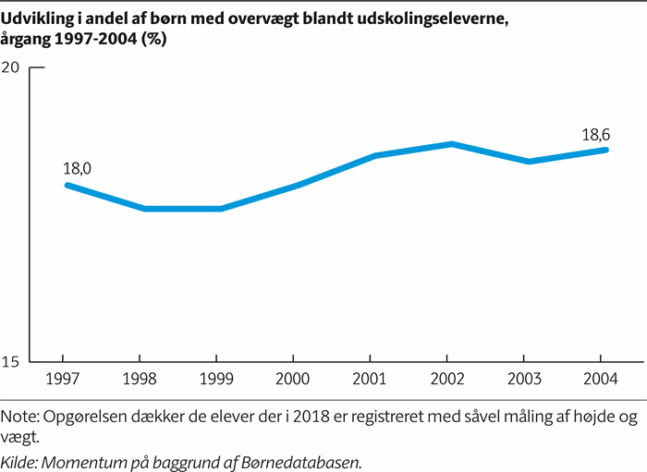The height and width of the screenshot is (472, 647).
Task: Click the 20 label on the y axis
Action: click(x=12, y=67)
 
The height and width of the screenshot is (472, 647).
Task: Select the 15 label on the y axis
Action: click(x=12, y=361)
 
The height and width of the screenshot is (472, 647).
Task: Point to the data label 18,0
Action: click(x=77, y=169)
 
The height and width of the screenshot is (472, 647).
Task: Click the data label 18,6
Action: click(x=595, y=135)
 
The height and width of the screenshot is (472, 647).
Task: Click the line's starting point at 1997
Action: click(x=67, y=185)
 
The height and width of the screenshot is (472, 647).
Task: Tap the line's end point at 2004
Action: click(x=606, y=150)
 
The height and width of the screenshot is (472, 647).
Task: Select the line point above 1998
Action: click(x=143, y=209)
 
